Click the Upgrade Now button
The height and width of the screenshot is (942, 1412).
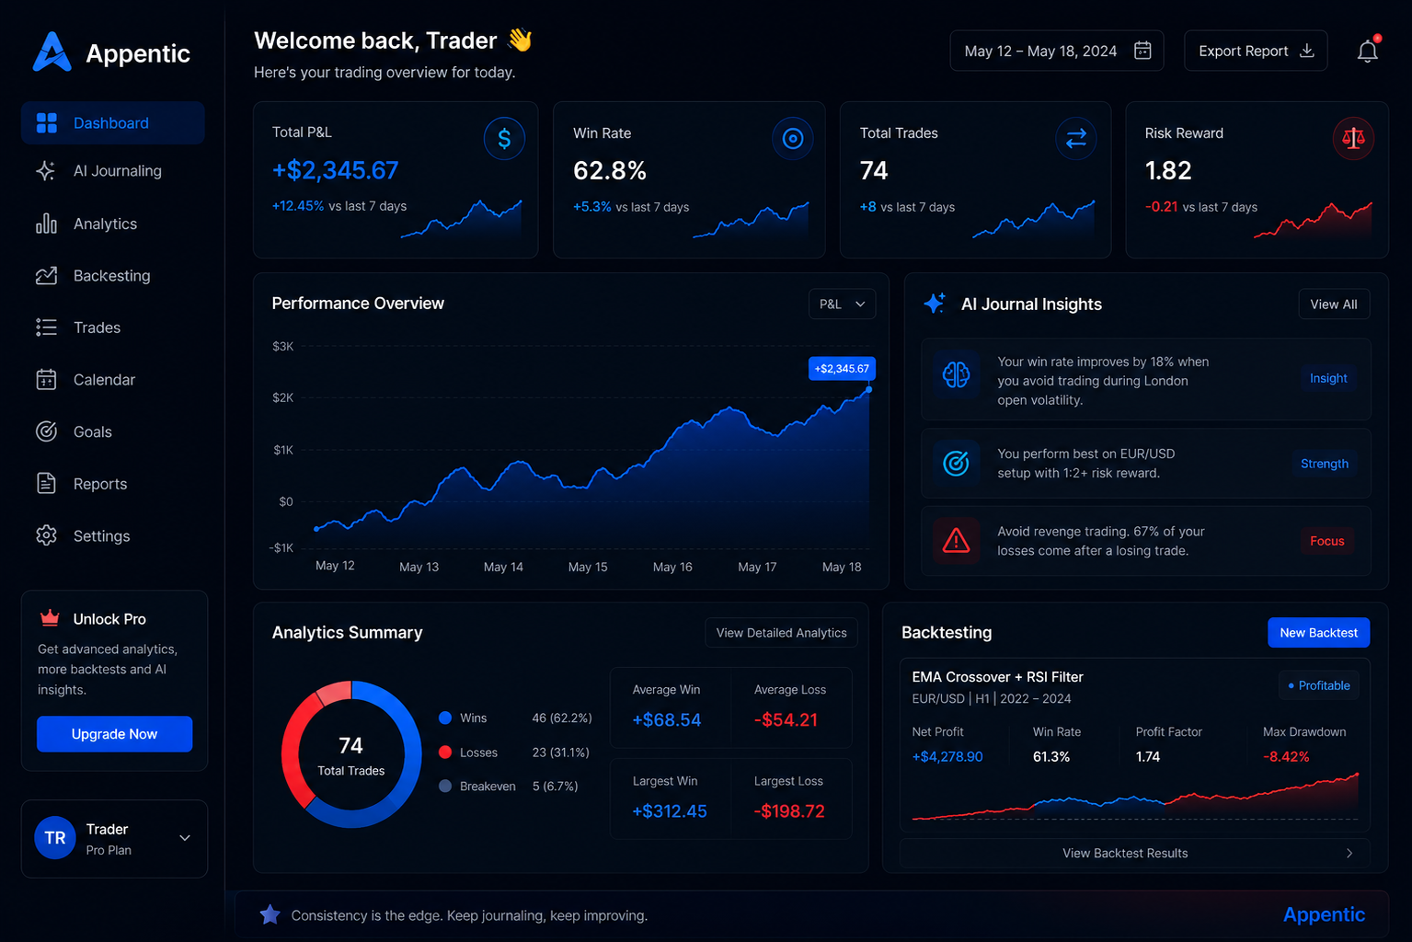click(x=114, y=733)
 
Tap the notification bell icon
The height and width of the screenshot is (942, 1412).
click(x=1367, y=50)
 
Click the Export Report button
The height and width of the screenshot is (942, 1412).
click(x=1256, y=51)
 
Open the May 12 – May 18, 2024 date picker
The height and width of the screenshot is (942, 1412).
click(x=1057, y=51)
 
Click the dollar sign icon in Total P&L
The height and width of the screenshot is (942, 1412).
click(x=504, y=138)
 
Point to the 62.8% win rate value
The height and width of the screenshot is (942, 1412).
click(x=610, y=170)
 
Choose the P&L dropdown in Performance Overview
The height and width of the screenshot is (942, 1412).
click(x=843, y=304)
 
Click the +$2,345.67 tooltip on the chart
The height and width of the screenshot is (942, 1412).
click(x=842, y=368)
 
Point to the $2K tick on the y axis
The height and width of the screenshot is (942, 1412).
click(x=283, y=397)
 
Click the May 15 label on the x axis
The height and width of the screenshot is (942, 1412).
click(x=588, y=567)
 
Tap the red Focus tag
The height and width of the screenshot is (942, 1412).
click(x=1326, y=541)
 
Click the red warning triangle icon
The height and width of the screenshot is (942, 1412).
click(x=956, y=541)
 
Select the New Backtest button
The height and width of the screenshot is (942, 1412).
click(x=1319, y=632)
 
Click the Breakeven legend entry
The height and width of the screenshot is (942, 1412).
click(x=477, y=786)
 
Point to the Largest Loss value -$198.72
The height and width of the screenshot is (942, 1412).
click(x=789, y=810)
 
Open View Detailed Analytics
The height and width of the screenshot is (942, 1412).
click(x=781, y=632)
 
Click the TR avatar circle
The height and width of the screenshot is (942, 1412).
click(x=55, y=837)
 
